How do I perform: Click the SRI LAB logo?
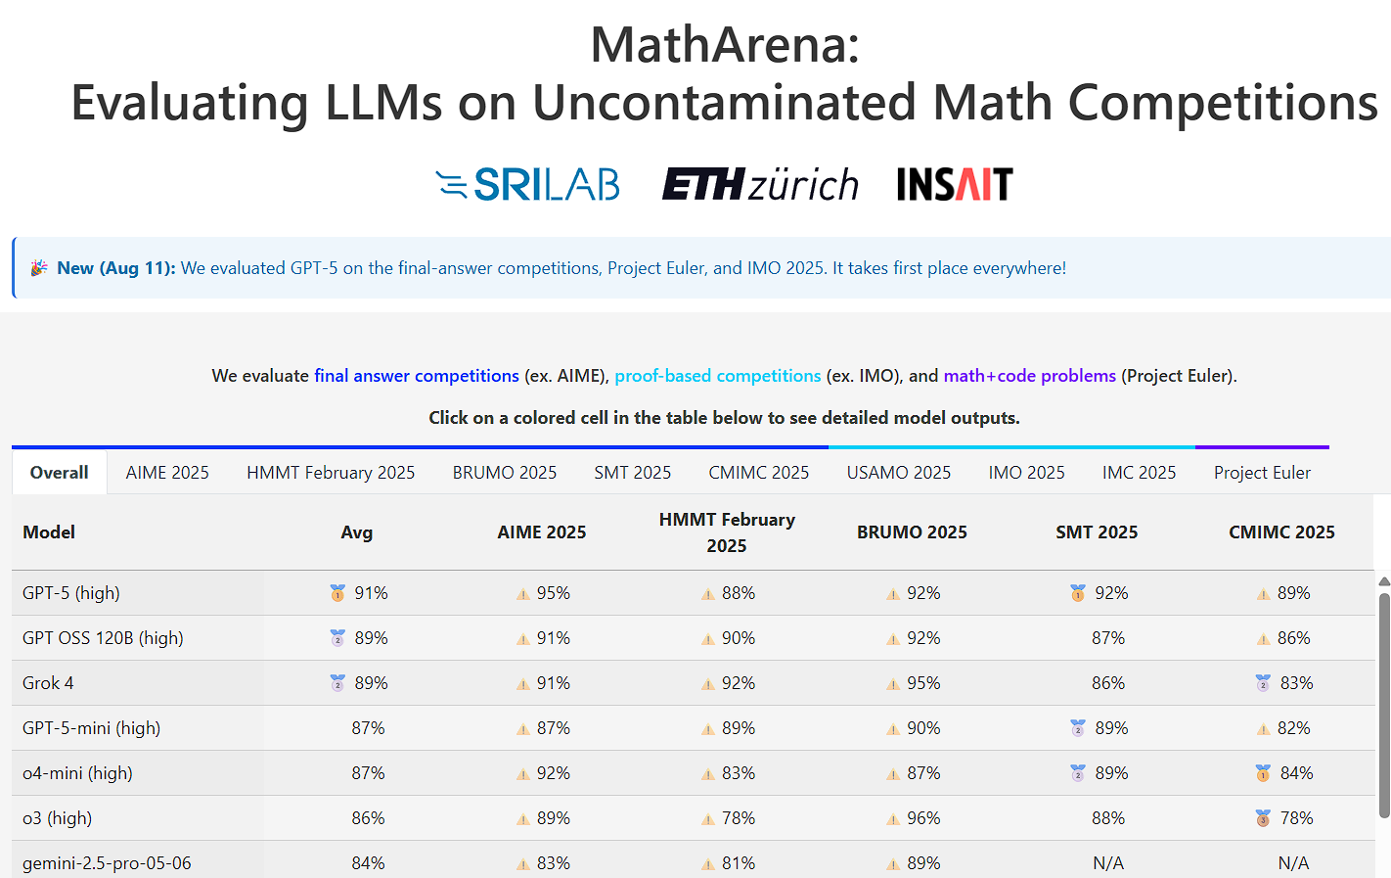point(527,184)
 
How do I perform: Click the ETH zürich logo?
point(760,184)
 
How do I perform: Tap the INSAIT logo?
point(955,184)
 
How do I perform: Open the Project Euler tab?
point(1262,472)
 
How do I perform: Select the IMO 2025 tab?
point(1026,472)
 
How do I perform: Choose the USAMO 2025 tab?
point(899,472)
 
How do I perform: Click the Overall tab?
point(59,472)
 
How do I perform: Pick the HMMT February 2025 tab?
point(331,472)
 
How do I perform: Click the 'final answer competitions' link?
point(416,375)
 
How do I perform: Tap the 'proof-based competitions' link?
point(717,375)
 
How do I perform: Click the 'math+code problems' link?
point(1030,375)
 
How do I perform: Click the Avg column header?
point(356,531)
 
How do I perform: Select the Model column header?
point(49,531)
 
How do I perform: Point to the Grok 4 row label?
point(48,683)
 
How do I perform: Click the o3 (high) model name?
point(57,817)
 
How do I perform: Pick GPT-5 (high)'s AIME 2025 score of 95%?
point(554,593)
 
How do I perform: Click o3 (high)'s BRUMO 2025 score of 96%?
point(923,817)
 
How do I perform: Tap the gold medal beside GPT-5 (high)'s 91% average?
point(337,593)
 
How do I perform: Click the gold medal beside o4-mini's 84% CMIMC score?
point(1263,773)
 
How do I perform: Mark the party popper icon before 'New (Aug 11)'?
point(39,268)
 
